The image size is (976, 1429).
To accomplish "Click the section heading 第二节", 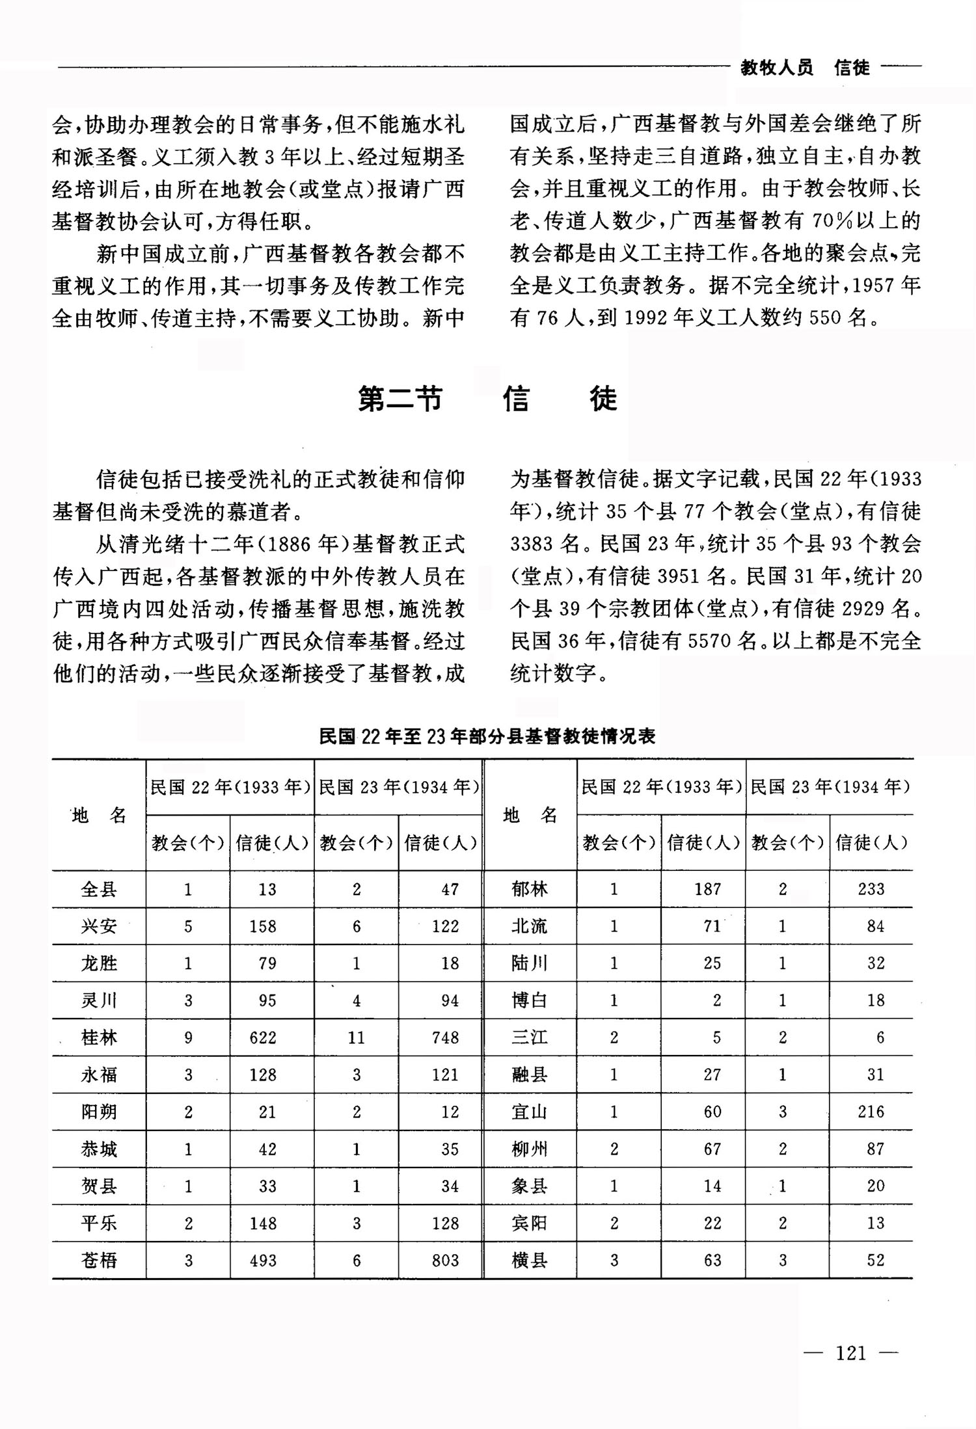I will (x=400, y=399).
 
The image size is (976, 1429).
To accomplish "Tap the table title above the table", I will (x=487, y=736).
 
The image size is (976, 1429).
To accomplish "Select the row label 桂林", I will (x=99, y=1037).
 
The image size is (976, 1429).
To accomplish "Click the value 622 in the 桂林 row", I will (x=263, y=1037).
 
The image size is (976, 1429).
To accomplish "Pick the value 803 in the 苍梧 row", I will (x=445, y=1261).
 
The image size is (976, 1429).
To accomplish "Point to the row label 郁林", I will (x=530, y=889).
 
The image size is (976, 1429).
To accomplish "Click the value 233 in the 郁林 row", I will (x=871, y=889).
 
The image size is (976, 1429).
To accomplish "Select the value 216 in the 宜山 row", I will (x=871, y=1112).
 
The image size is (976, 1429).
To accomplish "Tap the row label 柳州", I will (x=530, y=1149).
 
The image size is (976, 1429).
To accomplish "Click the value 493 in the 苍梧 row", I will (x=263, y=1261).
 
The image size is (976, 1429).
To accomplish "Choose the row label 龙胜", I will (x=99, y=963).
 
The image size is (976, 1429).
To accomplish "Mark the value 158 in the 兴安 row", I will (x=263, y=926).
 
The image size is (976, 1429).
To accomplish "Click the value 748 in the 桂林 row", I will (x=445, y=1037).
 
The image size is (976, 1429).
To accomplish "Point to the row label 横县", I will (x=530, y=1261).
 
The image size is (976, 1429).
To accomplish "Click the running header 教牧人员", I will (x=777, y=68).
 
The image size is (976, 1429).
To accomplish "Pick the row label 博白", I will (x=530, y=1000).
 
